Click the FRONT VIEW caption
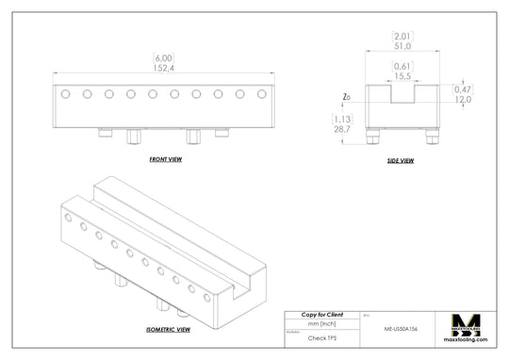(166, 160)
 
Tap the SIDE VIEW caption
(401, 161)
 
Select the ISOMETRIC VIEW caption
(168, 330)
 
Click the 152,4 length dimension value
(163, 68)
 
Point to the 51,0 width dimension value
(402, 44)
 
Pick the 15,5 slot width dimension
(402, 75)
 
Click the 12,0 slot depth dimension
(463, 99)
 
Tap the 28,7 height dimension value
(342, 128)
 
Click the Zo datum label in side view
(348, 97)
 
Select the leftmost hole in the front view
(64, 94)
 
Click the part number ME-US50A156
(402, 330)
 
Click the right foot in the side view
(431, 138)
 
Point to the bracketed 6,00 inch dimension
(163, 58)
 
